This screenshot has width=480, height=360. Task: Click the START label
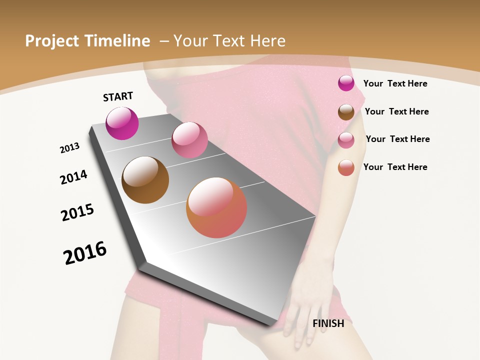tap(118, 96)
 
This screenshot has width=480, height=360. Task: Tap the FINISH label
tap(328, 323)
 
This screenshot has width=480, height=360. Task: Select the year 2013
tap(69, 148)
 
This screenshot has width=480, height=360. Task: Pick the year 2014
tap(73, 177)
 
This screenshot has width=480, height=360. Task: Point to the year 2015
tap(77, 212)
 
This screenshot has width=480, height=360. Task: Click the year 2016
tap(85, 252)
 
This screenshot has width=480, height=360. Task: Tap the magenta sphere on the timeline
tap(122, 123)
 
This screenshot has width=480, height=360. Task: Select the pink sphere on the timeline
tap(189, 140)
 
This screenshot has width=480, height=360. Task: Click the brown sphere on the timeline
tap(145, 180)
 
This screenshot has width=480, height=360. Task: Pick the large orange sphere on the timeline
tap(216, 207)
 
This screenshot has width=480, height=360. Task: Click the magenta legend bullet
tap(346, 83)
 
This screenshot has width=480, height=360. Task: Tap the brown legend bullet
tap(346, 112)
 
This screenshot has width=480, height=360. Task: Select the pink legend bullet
tap(346, 140)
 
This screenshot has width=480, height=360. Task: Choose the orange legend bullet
tap(346, 167)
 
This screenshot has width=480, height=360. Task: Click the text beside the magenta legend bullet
tap(395, 83)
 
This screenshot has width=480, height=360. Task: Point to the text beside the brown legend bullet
tap(396, 111)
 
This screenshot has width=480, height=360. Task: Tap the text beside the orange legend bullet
tap(395, 167)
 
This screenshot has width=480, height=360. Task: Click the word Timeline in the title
tap(117, 41)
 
